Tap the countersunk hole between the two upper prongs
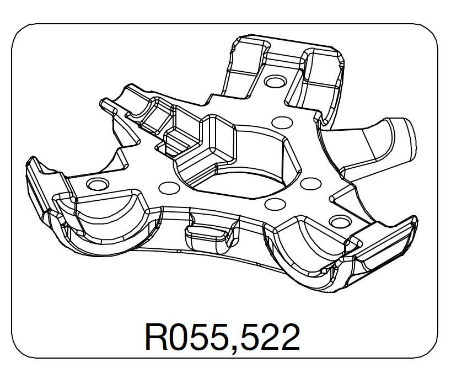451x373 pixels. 274,82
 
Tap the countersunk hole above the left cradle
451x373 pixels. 96,184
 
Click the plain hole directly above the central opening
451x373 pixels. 281,122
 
